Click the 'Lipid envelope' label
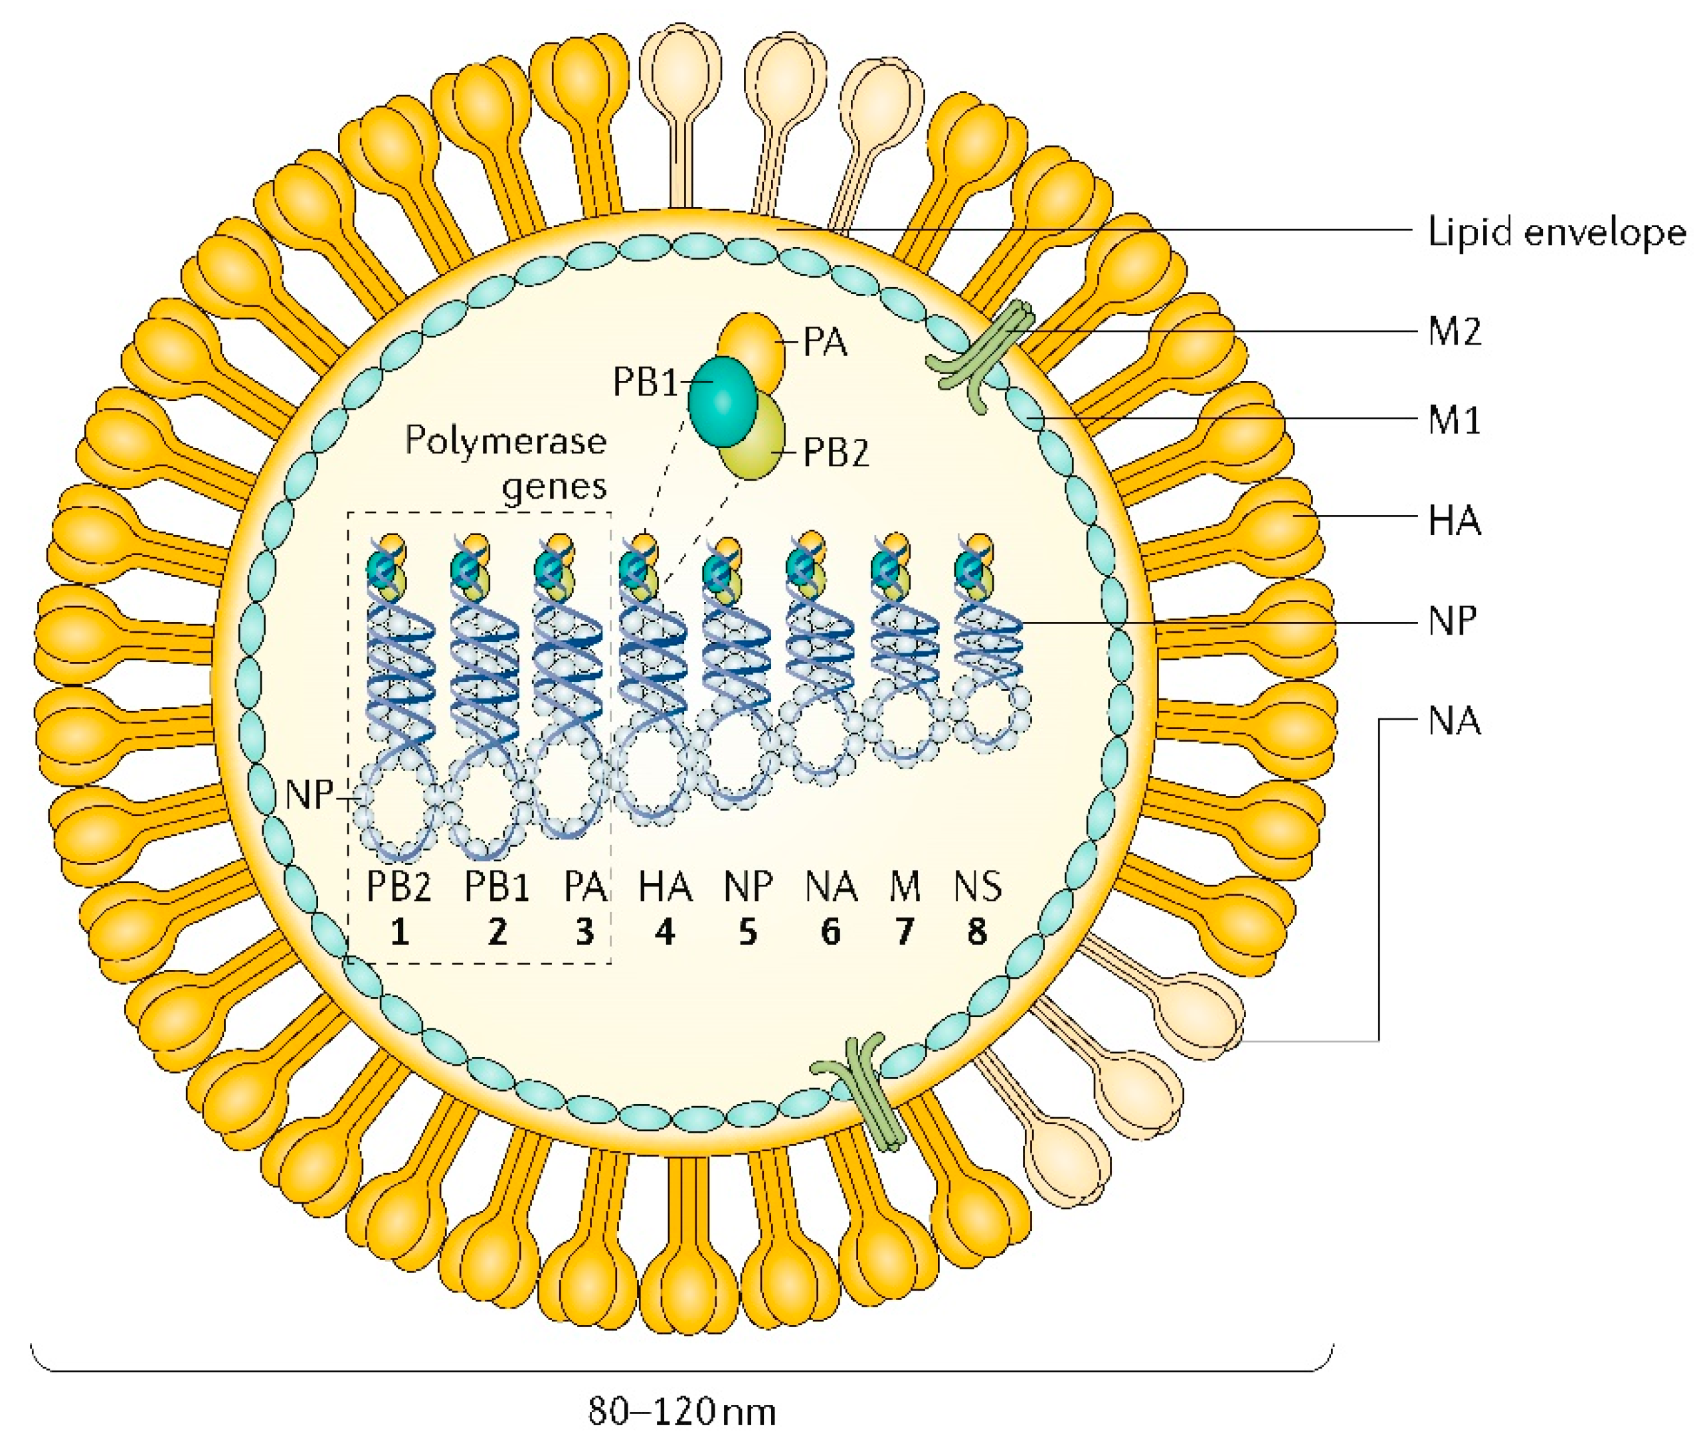click(x=1556, y=232)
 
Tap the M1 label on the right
click(x=1454, y=420)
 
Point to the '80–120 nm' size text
click(x=681, y=1412)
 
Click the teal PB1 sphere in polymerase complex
click(x=721, y=400)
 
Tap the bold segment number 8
click(x=977, y=931)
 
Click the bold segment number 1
click(x=399, y=931)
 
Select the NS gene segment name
click(x=977, y=886)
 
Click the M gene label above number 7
click(x=905, y=886)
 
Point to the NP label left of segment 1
click(x=309, y=795)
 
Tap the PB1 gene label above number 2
click(x=497, y=886)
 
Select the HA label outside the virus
click(x=1454, y=521)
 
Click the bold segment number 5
click(x=747, y=931)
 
